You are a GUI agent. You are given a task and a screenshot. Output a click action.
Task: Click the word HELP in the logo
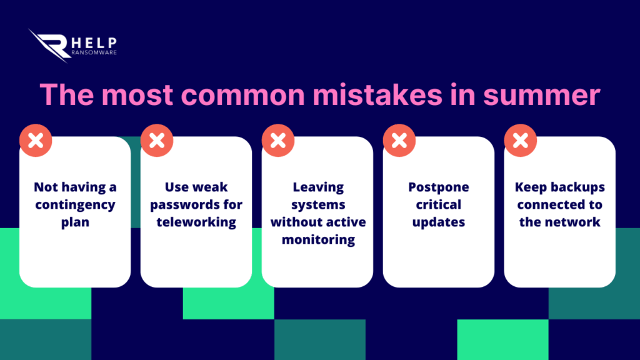pos(94,42)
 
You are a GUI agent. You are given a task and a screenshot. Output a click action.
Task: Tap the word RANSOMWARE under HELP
pos(94,52)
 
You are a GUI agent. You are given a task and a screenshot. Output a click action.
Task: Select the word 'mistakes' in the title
pos(377,94)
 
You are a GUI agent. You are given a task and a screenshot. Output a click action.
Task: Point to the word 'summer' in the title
pos(542,95)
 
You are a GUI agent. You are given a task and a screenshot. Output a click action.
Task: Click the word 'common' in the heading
pos(243,95)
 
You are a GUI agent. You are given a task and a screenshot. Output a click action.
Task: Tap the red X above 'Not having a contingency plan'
pos(36,141)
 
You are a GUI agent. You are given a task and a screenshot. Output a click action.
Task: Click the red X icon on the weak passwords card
pos(157,141)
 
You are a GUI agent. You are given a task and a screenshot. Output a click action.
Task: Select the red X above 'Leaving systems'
pos(278,141)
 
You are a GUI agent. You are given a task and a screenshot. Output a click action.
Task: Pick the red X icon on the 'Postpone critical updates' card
pos(399,141)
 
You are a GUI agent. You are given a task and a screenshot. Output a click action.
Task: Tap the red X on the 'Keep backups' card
pos(521,141)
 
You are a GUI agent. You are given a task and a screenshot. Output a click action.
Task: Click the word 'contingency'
pos(75,205)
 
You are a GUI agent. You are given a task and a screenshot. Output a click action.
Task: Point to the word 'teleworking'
pos(196,222)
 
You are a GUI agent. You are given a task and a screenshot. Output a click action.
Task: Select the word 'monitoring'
pos(318,239)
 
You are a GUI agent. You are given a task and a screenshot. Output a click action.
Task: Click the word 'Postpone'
pos(439,187)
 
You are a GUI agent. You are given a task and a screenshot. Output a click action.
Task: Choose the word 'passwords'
pos(181,205)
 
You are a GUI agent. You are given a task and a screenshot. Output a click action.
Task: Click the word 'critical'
pos(439,204)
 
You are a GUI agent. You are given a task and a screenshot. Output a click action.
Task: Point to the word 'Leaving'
pos(318,187)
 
